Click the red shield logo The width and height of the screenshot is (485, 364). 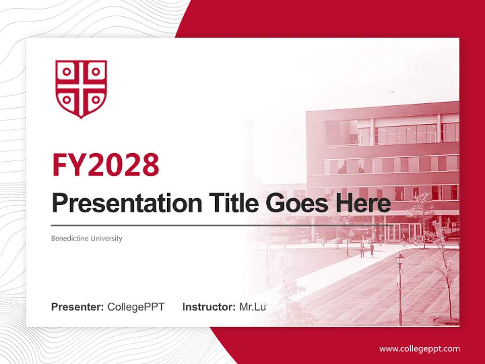(x=81, y=89)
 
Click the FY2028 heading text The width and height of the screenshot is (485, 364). (x=106, y=164)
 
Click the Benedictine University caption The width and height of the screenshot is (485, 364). (x=86, y=238)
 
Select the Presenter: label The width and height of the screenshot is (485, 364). (x=78, y=307)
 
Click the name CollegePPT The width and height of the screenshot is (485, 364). (x=136, y=307)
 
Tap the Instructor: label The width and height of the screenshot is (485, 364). (x=209, y=307)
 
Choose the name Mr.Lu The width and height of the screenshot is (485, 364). (x=253, y=307)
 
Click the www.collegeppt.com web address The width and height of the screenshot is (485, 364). (x=419, y=349)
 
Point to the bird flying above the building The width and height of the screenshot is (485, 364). (x=391, y=92)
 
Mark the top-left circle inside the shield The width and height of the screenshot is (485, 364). (x=66, y=71)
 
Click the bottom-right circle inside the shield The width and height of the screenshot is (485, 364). (x=95, y=99)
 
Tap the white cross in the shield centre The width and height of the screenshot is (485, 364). (x=81, y=86)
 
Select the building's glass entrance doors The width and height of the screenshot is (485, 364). (x=399, y=233)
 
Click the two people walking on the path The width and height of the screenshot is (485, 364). (x=366, y=249)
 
